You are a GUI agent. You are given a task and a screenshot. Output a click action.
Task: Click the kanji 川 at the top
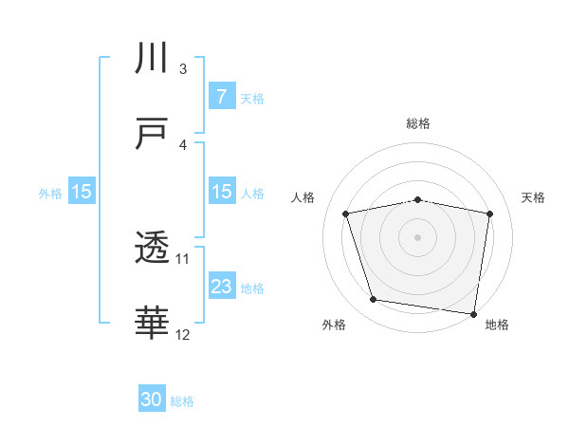[x=152, y=58]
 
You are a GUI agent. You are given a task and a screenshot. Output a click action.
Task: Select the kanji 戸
[x=152, y=134]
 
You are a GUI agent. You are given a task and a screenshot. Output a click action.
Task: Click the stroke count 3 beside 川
[x=183, y=68]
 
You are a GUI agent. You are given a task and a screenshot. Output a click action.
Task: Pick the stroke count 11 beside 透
[x=183, y=258]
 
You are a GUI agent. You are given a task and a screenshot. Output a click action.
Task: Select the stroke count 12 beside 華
[x=183, y=334]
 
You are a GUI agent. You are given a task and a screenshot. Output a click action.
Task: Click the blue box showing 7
[x=221, y=97]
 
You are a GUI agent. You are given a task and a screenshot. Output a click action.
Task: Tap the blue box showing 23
[x=221, y=287]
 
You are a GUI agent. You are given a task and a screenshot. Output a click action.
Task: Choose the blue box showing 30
[x=152, y=400]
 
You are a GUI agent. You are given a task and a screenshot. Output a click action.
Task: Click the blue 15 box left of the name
[x=82, y=192]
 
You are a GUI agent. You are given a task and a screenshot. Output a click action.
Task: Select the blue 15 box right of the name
[x=221, y=192]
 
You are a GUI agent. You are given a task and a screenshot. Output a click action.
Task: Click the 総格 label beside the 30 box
[x=182, y=401]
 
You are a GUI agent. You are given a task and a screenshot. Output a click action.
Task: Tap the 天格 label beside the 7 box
[x=252, y=98]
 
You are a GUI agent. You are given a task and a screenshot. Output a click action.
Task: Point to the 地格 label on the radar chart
[x=497, y=325]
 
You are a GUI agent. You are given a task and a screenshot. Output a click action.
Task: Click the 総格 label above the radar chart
[x=418, y=123]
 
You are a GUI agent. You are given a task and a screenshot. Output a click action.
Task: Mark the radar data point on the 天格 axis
[x=489, y=214]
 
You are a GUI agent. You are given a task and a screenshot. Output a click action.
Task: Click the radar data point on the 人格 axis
[x=347, y=214]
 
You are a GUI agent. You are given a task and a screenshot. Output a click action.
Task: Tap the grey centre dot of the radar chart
[x=418, y=236]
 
